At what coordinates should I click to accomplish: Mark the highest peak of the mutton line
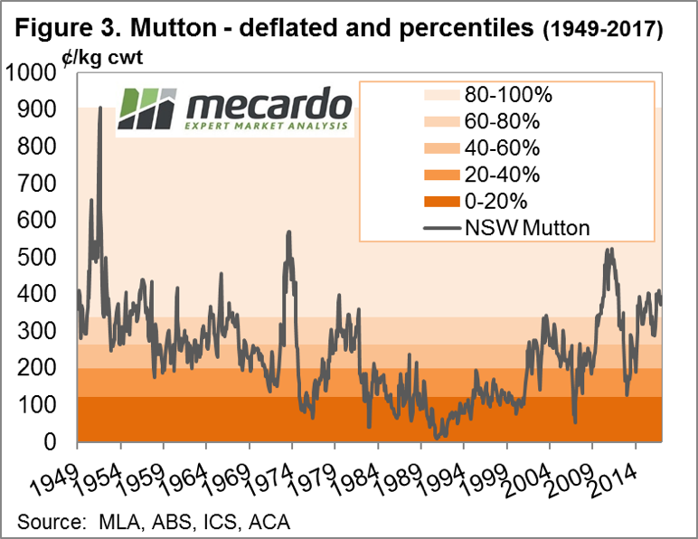coord(99,109)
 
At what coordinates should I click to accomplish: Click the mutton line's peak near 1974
coord(288,232)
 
